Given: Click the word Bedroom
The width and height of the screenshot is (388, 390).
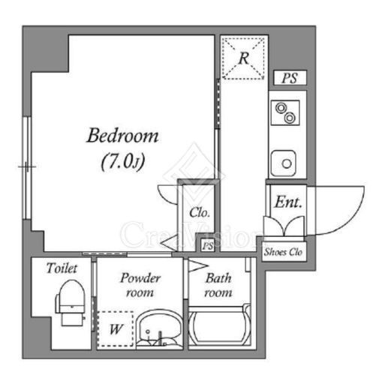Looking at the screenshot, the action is tap(122, 135).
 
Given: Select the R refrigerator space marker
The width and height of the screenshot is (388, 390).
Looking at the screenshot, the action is tap(243, 58).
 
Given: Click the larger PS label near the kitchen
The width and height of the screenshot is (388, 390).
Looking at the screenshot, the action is tap(290, 78).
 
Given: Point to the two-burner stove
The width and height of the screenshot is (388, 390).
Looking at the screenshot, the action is tap(285, 112).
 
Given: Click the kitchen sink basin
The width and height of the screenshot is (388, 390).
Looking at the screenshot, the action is tap(284, 163).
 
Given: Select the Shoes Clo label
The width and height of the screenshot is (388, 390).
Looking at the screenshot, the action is tap(283, 252).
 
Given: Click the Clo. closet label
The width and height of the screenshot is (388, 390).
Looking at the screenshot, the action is tap(200, 212).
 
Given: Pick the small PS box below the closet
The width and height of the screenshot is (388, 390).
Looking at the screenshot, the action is tap(208, 246).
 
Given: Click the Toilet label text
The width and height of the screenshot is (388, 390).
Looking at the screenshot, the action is tap(62, 268).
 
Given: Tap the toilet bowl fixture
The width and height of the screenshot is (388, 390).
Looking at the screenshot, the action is tap(71, 302).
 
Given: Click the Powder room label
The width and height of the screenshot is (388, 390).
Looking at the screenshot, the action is tap(140, 285).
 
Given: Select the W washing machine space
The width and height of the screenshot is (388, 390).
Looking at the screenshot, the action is tap(116, 328).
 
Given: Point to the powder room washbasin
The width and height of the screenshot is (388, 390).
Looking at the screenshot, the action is tap(158, 328).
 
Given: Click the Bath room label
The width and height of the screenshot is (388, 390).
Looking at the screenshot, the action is tap(218, 285).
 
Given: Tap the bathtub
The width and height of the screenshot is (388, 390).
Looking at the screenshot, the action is tap(219, 325).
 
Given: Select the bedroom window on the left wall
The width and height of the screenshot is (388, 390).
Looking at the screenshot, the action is tap(26, 168).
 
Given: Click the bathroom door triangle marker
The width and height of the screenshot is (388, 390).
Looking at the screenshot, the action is tap(197, 265).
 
